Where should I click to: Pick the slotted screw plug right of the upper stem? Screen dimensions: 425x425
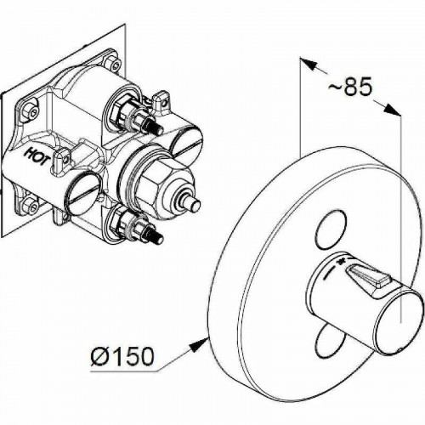pyautogui.click(x=186, y=144)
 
